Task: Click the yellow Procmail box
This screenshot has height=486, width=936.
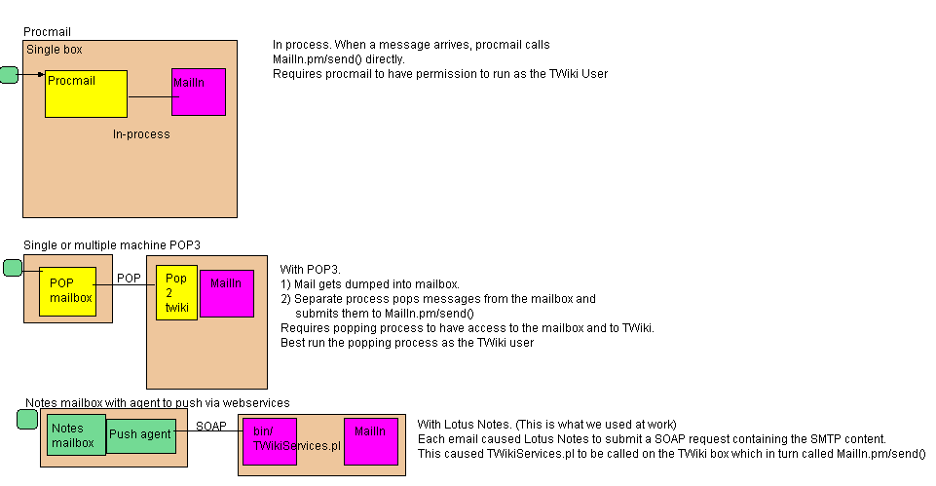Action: [86, 93]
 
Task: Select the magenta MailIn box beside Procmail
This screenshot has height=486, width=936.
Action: [199, 93]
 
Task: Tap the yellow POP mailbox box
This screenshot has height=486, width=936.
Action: [68, 291]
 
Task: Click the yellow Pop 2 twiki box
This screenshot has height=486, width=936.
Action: [176, 292]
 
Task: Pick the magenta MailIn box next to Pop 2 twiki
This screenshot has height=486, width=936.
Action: [226, 293]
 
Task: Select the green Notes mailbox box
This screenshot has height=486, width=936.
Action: [76, 435]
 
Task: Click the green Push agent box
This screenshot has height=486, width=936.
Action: [140, 434]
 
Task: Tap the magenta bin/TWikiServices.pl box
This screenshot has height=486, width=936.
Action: [270, 441]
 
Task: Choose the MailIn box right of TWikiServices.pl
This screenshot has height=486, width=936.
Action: [371, 441]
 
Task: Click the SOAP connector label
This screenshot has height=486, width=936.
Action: [211, 426]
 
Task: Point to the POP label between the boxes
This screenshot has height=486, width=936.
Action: [129, 278]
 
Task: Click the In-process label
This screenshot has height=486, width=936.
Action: [141, 134]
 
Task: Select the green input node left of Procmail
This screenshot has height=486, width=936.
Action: [9, 74]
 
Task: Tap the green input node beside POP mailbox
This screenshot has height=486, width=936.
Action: [13, 268]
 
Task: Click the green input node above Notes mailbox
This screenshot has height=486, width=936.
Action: [27, 420]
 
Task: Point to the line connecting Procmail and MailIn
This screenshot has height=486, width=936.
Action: [149, 96]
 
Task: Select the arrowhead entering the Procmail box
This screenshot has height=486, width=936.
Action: [41, 74]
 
